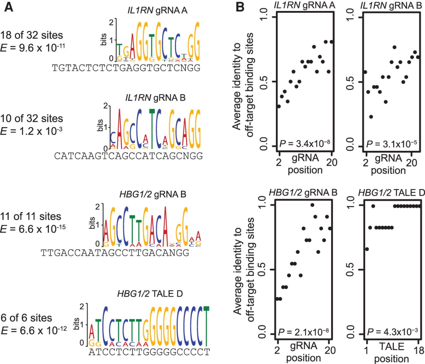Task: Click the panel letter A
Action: coord(9,7)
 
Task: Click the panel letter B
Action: coord(240,7)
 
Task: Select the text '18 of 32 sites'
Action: coord(32,35)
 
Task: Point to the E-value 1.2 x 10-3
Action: coord(32,131)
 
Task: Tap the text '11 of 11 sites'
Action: coord(31,217)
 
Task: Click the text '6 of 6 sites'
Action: coord(27,318)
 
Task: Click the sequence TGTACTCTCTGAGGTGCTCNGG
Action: coord(126,68)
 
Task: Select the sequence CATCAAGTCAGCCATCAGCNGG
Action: coord(128,156)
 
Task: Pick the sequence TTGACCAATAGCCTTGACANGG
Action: coord(115,253)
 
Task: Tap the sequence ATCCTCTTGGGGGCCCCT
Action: coord(149,351)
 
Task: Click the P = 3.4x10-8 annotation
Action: coord(305,144)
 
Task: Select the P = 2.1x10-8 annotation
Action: coord(303,331)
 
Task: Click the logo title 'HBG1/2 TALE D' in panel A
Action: coord(150,294)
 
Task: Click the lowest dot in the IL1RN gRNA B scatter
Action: coord(371,117)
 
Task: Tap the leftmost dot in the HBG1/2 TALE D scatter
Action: coord(367,249)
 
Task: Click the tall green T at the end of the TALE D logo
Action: coord(207,325)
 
